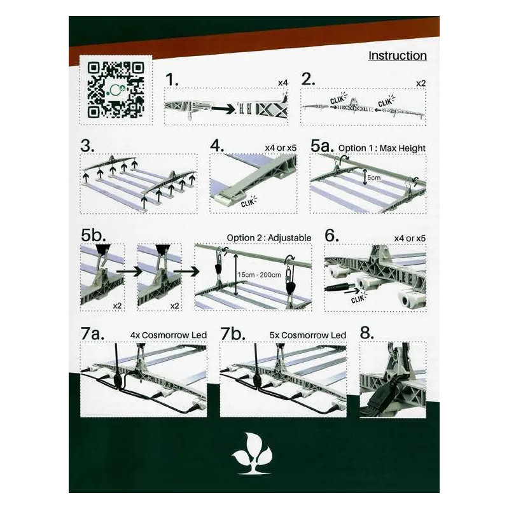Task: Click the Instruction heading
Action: point(397,55)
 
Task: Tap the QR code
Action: point(116,90)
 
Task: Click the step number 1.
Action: point(172,80)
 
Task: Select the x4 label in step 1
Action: point(282,83)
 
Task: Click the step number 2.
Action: point(308,79)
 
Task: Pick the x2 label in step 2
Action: point(421,83)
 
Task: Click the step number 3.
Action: point(88,146)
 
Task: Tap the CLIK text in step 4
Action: point(248,202)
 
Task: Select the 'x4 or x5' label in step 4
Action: point(281,148)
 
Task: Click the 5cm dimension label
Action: point(373,178)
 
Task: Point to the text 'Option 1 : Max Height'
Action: point(382,148)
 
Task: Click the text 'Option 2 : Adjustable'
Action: point(269,238)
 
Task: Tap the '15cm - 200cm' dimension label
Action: point(259,275)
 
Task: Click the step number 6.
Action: point(331,235)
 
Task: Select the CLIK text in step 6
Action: point(358,298)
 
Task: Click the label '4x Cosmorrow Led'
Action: point(169,335)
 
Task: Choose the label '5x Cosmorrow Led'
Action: point(308,335)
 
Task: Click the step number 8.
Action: point(367,333)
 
